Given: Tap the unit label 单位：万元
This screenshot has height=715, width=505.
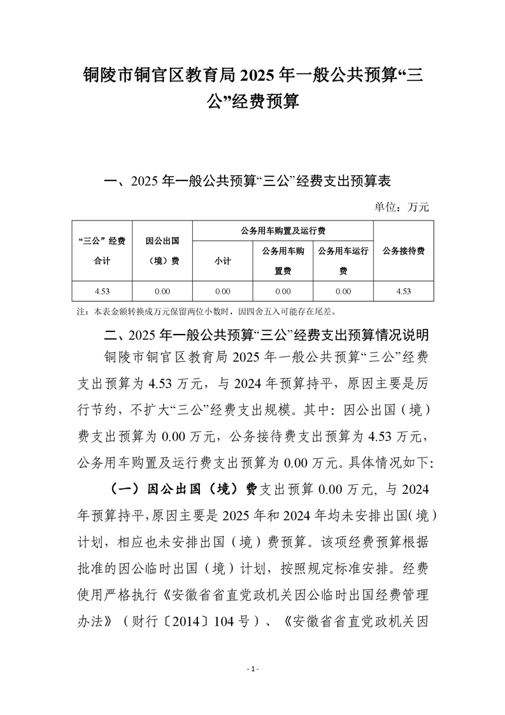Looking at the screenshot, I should click(x=401, y=206).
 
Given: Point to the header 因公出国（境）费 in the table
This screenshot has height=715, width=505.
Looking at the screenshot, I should click(x=162, y=250).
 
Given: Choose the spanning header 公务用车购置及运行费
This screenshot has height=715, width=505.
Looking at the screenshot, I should click(x=283, y=230).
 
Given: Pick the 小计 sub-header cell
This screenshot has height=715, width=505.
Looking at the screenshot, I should click(x=222, y=261).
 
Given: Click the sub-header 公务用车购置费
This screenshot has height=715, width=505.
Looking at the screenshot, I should click(x=283, y=261).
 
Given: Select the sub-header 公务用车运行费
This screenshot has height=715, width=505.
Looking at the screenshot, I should click(x=343, y=261).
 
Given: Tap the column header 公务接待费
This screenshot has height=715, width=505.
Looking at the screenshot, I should click(x=403, y=250).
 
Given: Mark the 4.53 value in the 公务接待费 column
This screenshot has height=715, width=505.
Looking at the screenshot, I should click(x=403, y=291).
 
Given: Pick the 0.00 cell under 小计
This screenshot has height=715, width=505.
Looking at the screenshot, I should click(x=222, y=291).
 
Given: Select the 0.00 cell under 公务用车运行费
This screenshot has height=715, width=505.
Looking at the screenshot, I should click(x=343, y=291).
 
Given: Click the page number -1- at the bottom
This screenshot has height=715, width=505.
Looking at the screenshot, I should click(x=253, y=668).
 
